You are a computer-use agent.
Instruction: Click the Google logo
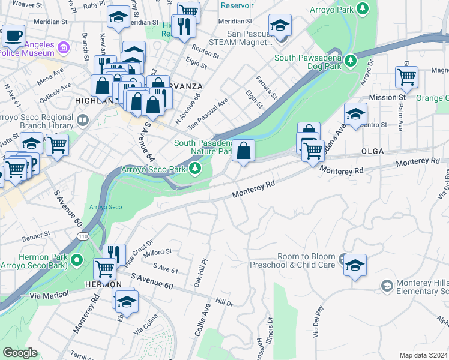pos(20,353)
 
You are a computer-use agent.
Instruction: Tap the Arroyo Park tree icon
pos(363,9)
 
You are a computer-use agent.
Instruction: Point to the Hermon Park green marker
pos(76,260)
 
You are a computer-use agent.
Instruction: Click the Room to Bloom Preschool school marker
pos(355,264)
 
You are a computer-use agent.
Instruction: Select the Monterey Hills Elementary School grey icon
pos(387,284)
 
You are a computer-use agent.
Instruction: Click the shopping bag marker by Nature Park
pos(244,151)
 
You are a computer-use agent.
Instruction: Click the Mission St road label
pos(387,97)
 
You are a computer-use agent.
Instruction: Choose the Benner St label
pos(38,238)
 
